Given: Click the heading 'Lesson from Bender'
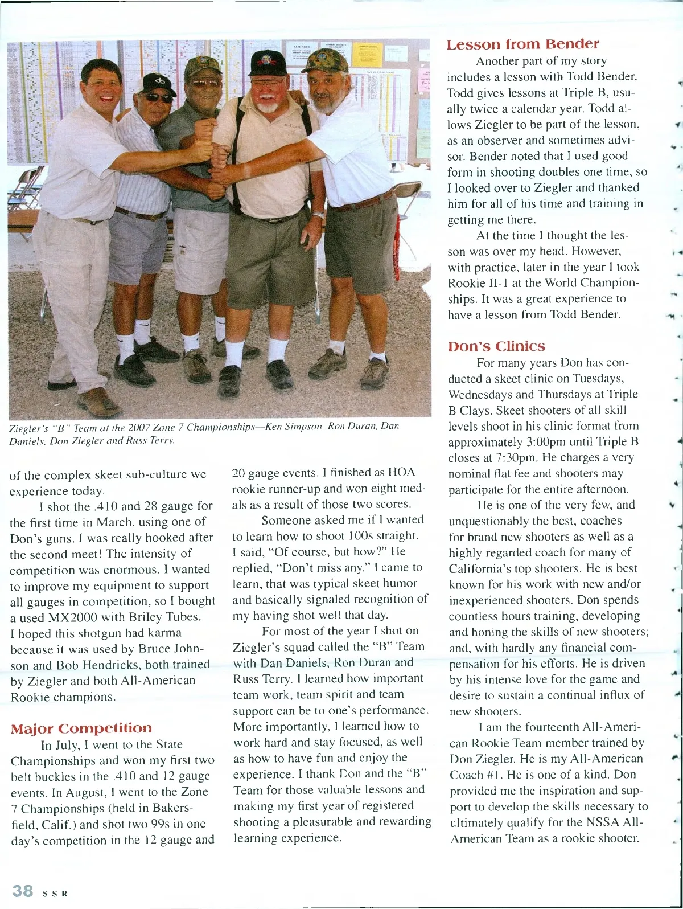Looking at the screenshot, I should click(522, 44).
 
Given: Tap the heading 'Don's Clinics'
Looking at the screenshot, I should click(496, 346).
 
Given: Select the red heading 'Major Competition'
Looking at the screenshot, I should click(81, 728).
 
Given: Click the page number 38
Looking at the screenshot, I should click(23, 891).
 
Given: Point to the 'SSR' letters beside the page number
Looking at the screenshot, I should click(55, 894).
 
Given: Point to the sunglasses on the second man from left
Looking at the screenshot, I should click(159, 97).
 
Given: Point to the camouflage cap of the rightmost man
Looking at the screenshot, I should click(324, 60).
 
